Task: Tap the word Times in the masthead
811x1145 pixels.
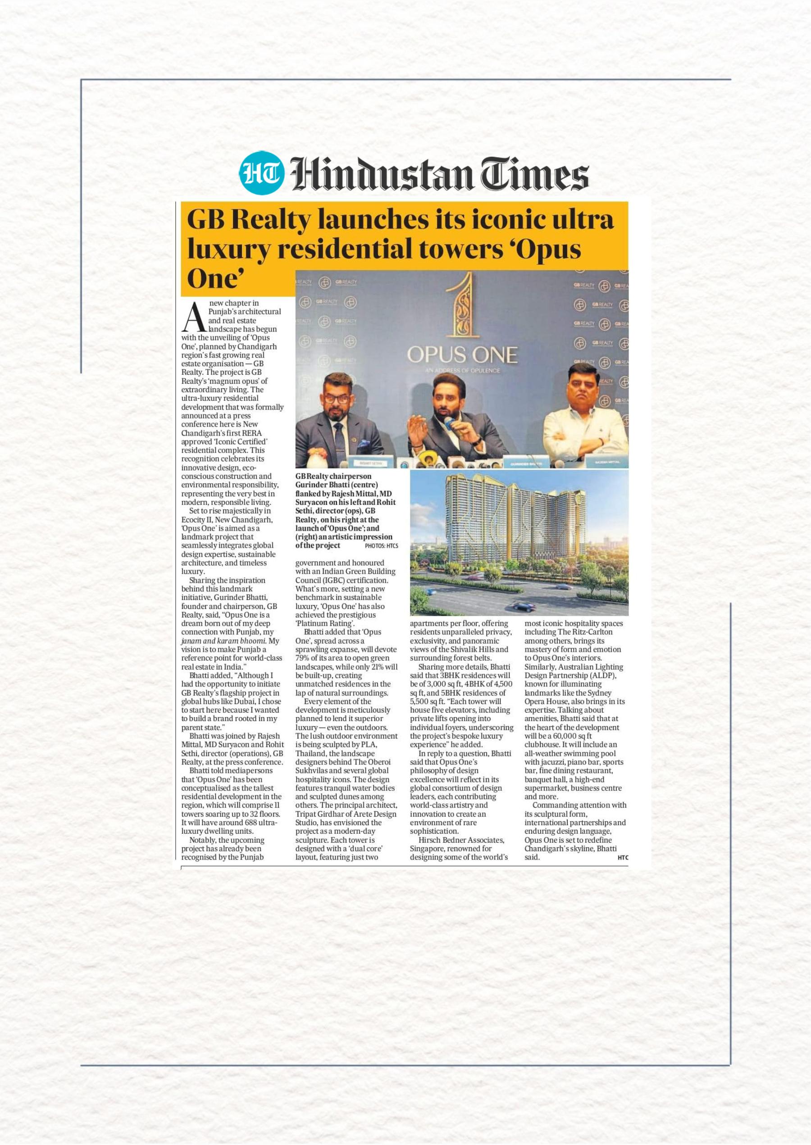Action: coord(534,175)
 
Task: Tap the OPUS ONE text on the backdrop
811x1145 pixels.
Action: coord(462,355)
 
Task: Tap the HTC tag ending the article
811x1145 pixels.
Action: coord(622,858)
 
